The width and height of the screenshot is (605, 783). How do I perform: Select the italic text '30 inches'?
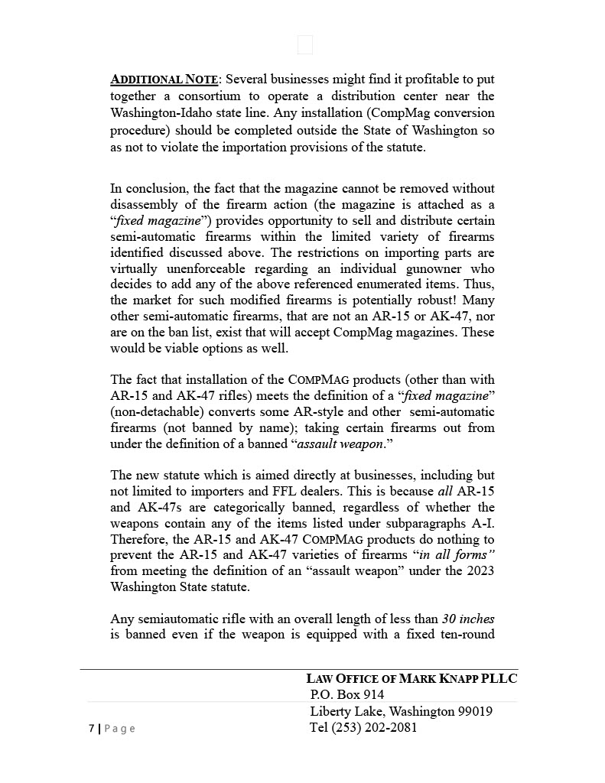468,619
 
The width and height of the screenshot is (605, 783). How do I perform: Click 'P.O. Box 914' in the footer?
347,695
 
